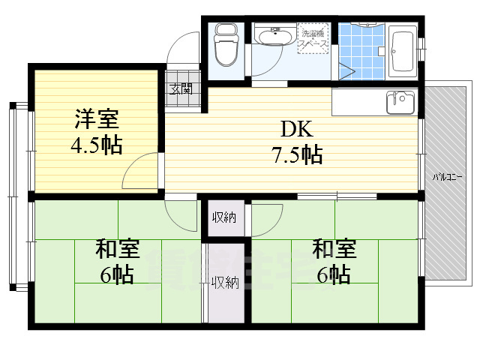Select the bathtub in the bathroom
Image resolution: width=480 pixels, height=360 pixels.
pos(403,50)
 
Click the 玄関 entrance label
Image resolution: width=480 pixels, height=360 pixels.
pos(181,88)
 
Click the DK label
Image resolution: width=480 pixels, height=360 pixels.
pos(296,127)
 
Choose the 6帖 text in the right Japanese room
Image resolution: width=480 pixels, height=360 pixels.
pos(334,275)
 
